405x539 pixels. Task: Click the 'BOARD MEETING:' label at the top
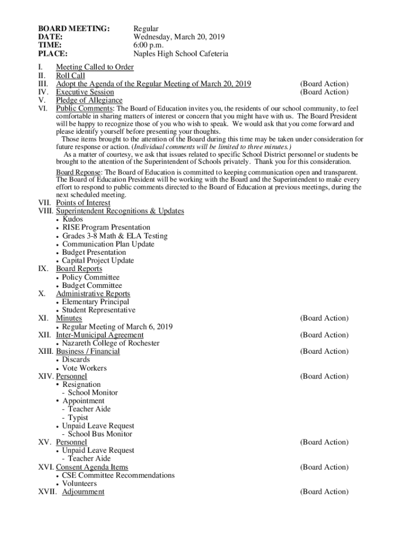pyautogui.click(x=74, y=28)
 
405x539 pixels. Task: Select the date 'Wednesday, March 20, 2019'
pyautogui.click(x=179, y=37)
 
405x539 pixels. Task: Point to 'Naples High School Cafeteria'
pyautogui.click(x=180, y=54)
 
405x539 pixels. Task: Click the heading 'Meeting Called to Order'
pyautogui.click(x=95, y=67)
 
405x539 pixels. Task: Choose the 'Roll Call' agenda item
pyautogui.click(x=70, y=76)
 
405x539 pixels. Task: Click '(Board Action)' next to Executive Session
pyautogui.click(x=324, y=92)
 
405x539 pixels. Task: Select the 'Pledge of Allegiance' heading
pyautogui.click(x=89, y=101)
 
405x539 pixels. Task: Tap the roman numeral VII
pyautogui.click(x=45, y=203)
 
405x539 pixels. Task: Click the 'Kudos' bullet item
pyautogui.click(x=73, y=219)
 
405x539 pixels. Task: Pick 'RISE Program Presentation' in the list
pyautogui.click(x=106, y=227)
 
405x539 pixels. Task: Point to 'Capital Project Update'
pyautogui.click(x=98, y=261)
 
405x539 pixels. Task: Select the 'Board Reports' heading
pyautogui.click(x=79, y=268)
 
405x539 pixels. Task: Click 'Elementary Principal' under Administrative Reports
pyautogui.click(x=95, y=302)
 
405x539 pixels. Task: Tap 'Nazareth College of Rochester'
pyautogui.click(x=110, y=343)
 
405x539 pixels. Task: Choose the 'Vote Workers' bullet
pyautogui.click(x=84, y=368)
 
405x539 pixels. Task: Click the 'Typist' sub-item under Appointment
pyautogui.click(x=78, y=418)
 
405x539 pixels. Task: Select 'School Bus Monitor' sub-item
pyautogui.click(x=100, y=434)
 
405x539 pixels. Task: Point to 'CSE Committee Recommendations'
pyautogui.click(x=118, y=475)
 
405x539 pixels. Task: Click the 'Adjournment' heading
pyautogui.click(x=83, y=492)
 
